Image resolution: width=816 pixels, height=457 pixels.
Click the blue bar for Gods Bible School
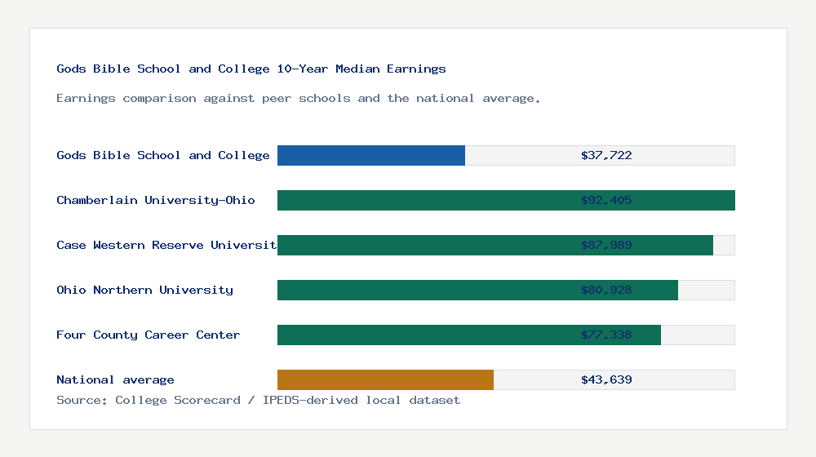[x=371, y=155]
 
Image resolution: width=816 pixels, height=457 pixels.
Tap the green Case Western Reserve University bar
[x=424, y=246]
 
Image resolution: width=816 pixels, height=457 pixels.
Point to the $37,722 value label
[x=606, y=155]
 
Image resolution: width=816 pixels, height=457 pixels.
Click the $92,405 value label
[x=606, y=200]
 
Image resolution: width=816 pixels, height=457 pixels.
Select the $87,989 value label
[x=606, y=245]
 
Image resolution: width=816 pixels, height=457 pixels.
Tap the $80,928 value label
[x=606, y=290]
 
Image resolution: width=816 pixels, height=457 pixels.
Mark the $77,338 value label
[x=606, y=335]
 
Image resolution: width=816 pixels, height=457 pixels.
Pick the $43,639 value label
[x=606, y=379]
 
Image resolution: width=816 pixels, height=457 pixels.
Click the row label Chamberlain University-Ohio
[x=156, y=200]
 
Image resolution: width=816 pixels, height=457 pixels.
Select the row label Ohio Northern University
[x=144, y=290]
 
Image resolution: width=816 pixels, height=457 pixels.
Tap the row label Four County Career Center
[x=148, y=335]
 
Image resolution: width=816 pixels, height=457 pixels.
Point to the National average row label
[x=115, y=379]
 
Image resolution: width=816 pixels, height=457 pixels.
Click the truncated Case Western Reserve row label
[x=166, y=245]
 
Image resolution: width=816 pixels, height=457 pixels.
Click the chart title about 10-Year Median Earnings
[x=251, y=69]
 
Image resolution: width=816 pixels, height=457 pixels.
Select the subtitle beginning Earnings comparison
[x=299, y=98]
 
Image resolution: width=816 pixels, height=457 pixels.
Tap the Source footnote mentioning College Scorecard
[x=258, y=400]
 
